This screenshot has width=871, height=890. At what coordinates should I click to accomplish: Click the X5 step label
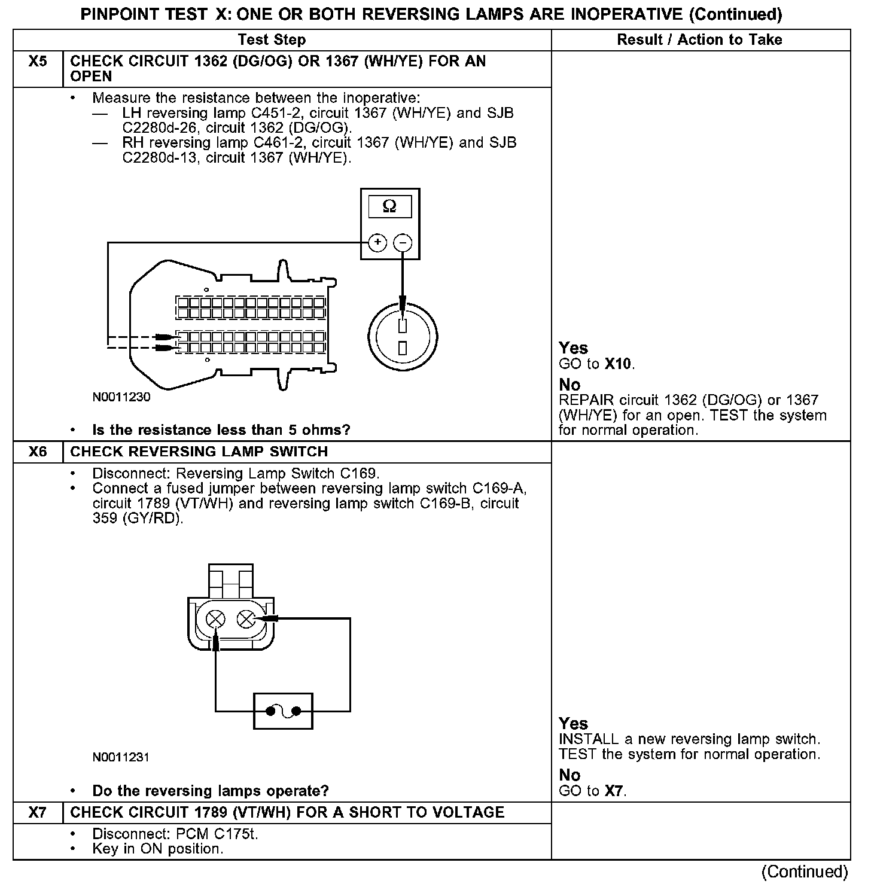(38, 62)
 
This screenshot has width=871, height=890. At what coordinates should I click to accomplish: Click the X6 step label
(38, 452)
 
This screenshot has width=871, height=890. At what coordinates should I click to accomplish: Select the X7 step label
(38, 812)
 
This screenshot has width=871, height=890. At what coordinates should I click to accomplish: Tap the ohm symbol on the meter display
(389, 207)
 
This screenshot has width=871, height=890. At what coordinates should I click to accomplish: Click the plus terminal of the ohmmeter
(377, 242)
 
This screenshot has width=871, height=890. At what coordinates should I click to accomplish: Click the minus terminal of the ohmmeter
(404, 242)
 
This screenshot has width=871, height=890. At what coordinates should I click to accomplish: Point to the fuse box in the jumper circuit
(283, 711)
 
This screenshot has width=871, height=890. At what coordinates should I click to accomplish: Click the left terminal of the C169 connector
(215, 619)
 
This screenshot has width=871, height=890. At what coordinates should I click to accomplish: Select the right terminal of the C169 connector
(246, 619)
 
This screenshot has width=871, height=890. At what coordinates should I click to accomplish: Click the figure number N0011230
(121, 397)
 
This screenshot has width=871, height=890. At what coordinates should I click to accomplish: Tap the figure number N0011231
(121, 757)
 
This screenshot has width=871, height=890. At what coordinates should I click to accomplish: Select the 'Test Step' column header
(272, 40)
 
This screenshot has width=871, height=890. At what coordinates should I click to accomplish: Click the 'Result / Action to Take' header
(699, 40)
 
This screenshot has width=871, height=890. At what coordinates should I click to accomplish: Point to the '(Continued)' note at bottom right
(805, 871)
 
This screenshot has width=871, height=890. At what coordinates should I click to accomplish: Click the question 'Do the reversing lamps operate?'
(211, 791)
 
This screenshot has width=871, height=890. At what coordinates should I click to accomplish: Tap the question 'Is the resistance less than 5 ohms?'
(221, 430)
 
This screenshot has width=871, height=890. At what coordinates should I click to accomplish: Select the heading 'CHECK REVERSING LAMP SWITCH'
(199, 452)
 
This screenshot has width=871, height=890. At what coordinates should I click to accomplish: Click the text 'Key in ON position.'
(158, 849)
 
